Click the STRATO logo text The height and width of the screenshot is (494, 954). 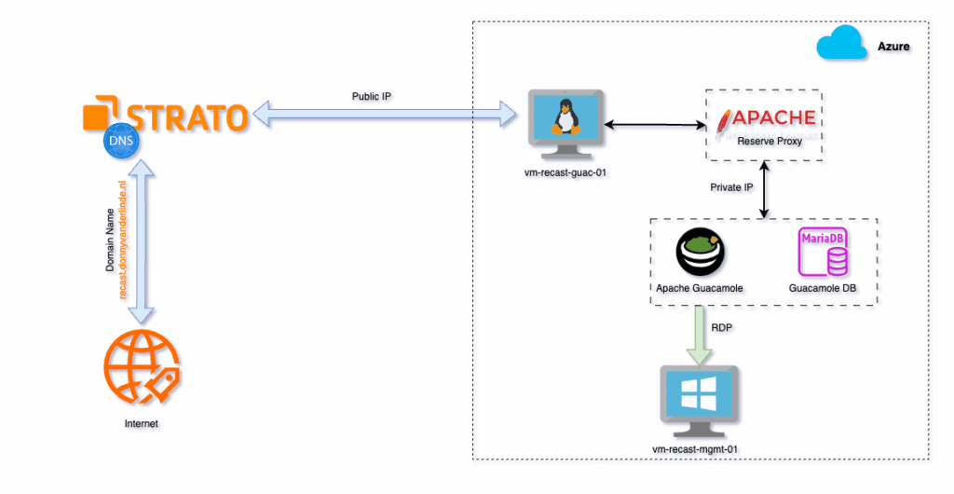[186, 117]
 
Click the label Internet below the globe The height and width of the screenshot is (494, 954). [141, 424]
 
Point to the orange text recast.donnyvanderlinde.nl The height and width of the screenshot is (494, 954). [122, 241]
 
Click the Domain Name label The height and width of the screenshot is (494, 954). [109, 241]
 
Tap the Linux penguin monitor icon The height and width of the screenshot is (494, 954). [564, 122]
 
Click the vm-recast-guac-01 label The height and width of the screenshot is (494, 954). [565, 172]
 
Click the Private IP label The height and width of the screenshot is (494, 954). [731, 187]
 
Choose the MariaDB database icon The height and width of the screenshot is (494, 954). [823, 253]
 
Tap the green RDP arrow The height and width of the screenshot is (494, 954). [698, 335]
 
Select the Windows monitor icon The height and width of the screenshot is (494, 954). [699, 399]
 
